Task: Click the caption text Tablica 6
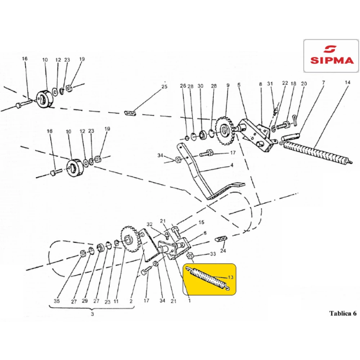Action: coord(343,313)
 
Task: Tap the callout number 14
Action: coord(347,82)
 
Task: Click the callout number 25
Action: coord(165,87)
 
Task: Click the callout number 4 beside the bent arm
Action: coord(232,165)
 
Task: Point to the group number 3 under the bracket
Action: coord(92,314)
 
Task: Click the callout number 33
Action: coord(213,254)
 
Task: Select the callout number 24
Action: coord(223,251)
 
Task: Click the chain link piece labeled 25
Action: coord(130,113)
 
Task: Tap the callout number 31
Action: coord(270,84)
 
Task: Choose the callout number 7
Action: coord(324,82)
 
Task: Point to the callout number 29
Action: coord(85,301)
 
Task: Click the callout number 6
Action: coord(205,233)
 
